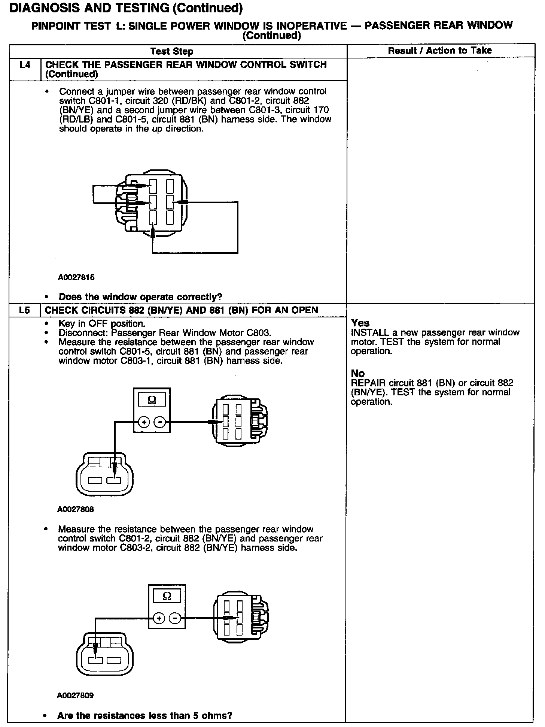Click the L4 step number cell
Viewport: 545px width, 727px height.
[25, 65]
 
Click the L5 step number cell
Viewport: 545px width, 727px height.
[24, 310]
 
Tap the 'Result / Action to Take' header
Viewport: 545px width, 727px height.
[440, 51]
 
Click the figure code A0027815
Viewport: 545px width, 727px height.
[76, 278]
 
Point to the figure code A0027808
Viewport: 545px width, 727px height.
[76, 510]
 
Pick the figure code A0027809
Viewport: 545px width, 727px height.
[75, 696]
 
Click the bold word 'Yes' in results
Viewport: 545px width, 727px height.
[360, 323]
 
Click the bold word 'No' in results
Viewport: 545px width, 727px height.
[357, 373]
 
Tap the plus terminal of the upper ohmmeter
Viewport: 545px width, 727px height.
[144, 422]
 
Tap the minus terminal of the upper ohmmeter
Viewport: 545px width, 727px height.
[160, 422]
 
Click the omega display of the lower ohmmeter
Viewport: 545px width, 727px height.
[167, 596]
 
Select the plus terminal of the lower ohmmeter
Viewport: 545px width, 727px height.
[159, 618]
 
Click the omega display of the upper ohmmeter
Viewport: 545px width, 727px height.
[152, 400]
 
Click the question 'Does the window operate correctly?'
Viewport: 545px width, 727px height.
[140, 297]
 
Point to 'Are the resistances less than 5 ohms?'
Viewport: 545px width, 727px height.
[144, 716]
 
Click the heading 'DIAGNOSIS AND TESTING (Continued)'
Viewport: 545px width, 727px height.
[126, 8]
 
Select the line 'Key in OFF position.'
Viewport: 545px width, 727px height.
[102, 323]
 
